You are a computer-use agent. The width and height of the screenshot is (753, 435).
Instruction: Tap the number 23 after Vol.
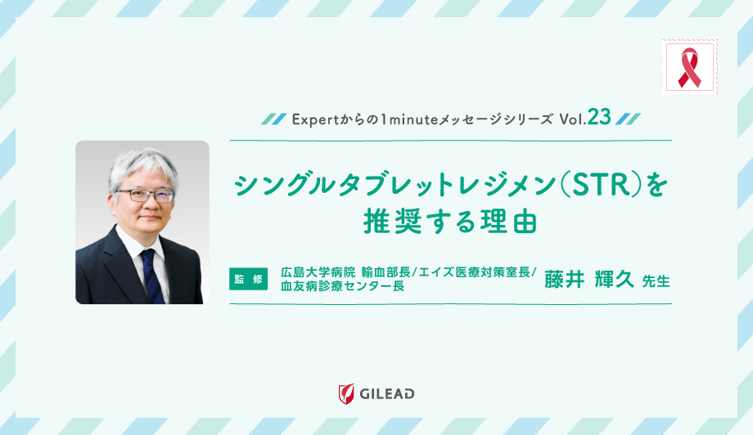point(598,118)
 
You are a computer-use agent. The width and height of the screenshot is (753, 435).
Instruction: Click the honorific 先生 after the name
point(656,280)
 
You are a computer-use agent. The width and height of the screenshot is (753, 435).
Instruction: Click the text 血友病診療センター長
point(342,287)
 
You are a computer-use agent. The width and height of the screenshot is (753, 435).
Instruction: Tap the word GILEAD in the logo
point(387,393)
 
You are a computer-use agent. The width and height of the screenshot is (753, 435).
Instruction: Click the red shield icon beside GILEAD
point(346,393)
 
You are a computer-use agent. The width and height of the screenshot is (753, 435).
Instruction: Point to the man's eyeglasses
point(144,195)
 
